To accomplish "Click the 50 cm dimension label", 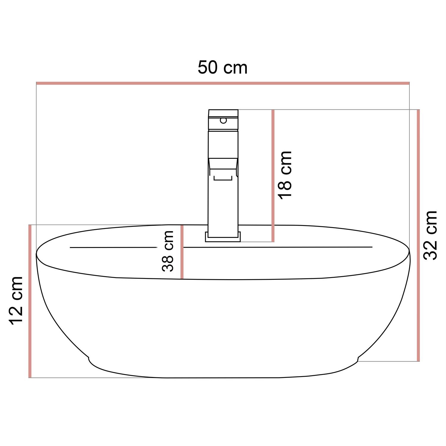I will (x=222, y=68).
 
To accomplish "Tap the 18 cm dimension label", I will (x=285, y=175).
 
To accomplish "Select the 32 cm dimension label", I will (x=430, y=235).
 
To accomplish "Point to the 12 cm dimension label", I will (x=16, y=300).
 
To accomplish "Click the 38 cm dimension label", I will (x=168, y=251).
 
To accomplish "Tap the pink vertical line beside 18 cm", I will (x=273, y=175).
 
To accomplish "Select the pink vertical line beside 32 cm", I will (x=418, y=235).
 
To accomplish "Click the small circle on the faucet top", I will (x=223, y=120).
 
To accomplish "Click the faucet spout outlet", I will (x=223, y=178).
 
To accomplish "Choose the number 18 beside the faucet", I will (x=285, y=189).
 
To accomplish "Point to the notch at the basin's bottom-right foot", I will (x=358, y=359).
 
